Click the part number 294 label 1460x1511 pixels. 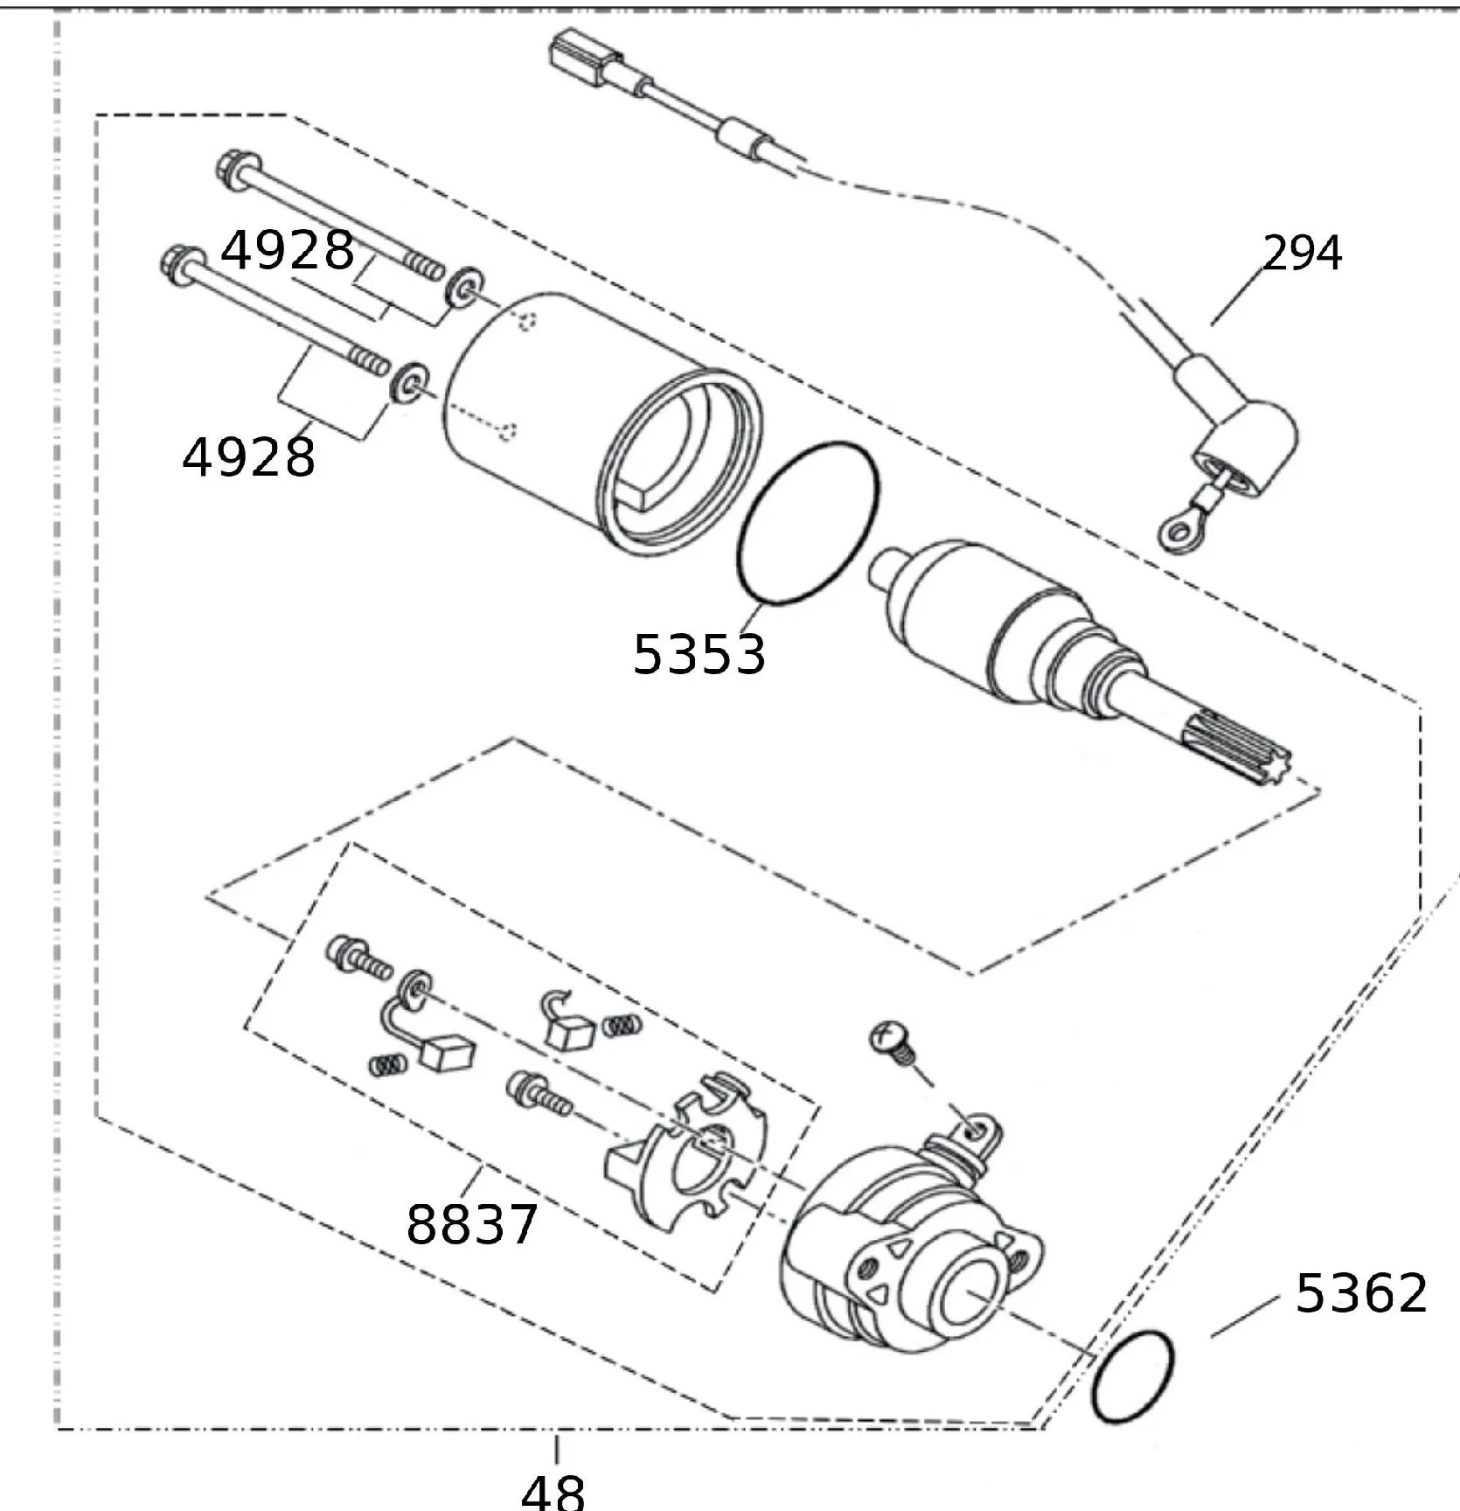click(x=1302, y=253)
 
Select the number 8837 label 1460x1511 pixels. click(x=472, y=1223)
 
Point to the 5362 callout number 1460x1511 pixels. click(x=1360, y=1292)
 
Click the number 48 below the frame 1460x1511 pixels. click(x=553, y=1490)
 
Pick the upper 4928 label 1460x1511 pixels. click(x=288, y=250)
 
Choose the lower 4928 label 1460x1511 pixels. click(x=249, y=456)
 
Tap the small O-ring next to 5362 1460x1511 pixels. click(x=1133, y=1375)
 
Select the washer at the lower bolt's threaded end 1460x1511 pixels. click(x=409, y=381)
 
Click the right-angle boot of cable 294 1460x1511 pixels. click(x=1250, y=446)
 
